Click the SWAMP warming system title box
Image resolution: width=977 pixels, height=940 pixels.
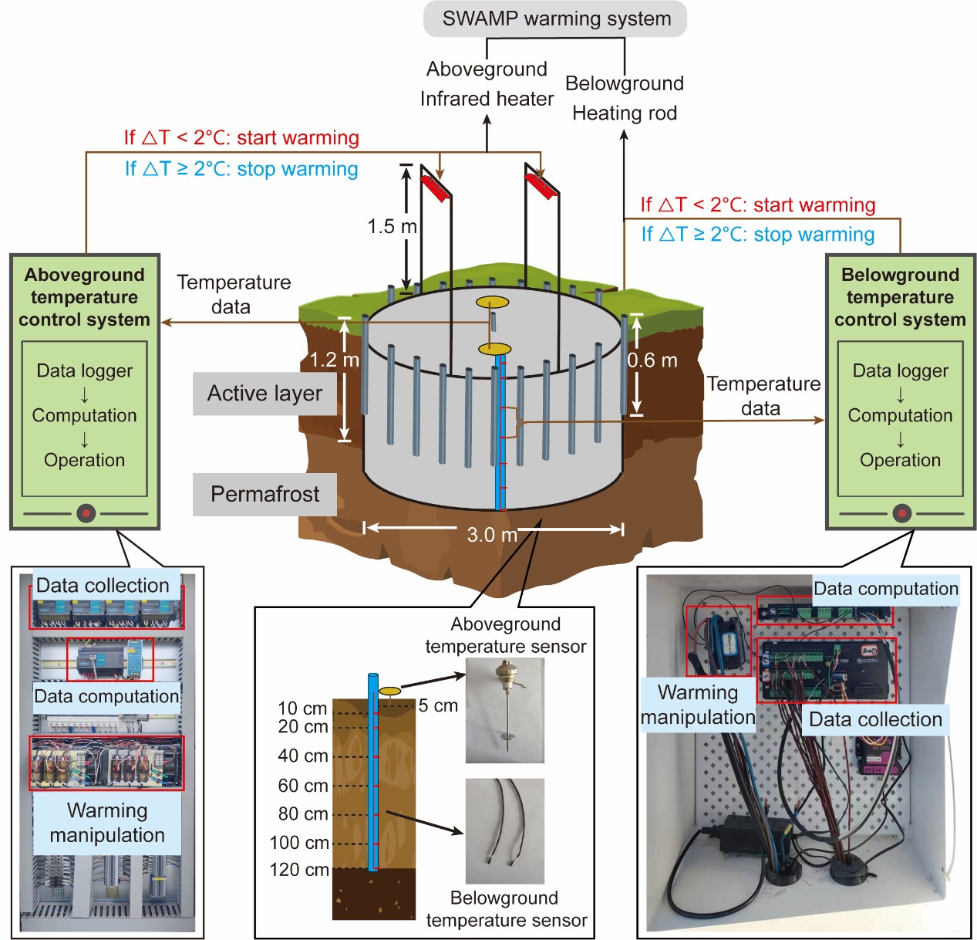tap(555, 19)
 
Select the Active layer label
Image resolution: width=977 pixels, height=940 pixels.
tap(264, 394)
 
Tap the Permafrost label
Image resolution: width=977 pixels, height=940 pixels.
tap(264, 494)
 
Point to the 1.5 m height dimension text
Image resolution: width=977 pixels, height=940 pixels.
tap(392, 226)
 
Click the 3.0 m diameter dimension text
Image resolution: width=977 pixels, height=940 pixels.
tap(492, 534)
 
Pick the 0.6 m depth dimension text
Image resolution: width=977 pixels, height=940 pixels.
tap(652, 360)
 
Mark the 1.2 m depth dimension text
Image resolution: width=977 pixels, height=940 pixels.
tap(334, 360)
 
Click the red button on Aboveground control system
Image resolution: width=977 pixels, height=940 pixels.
tap(86, 512)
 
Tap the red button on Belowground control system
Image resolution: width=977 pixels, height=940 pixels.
tap(901, 512)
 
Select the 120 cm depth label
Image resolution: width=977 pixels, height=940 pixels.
tap(299, 870)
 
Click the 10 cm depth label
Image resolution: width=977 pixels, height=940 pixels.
tap(302, 708)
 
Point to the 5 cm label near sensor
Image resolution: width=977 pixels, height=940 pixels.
tap(438, 705)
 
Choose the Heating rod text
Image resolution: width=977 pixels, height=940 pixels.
tap(625, 113)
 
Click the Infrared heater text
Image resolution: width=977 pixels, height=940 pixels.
tap(487, 99)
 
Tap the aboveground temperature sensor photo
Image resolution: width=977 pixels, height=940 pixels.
tap(505, 710)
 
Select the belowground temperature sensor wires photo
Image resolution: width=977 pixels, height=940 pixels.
tap(505, 830)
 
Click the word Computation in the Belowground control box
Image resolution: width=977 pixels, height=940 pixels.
tap(900, 415)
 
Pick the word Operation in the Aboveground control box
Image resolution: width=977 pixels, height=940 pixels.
tap(84, 460)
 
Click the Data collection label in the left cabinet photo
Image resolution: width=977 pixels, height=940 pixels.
tap(103, 586)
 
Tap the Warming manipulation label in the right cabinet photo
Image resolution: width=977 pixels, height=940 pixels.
tap(698, 705)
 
